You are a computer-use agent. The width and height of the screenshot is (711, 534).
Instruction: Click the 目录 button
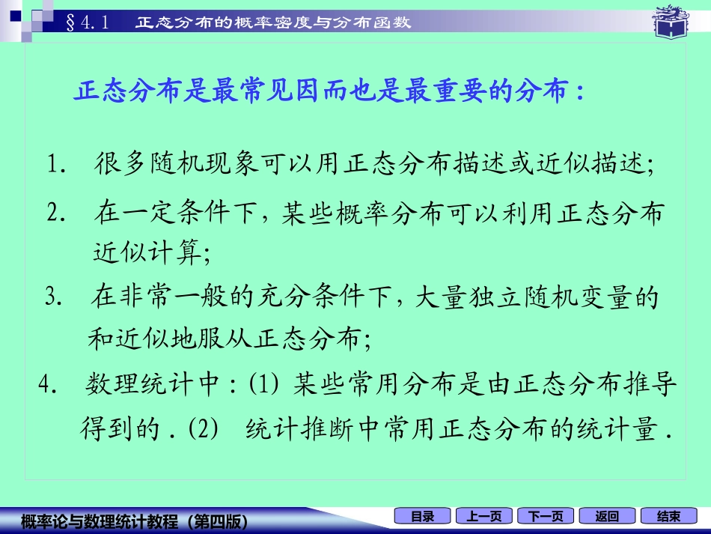pos(422,516)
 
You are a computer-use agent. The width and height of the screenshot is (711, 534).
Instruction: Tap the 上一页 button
pos(484,516)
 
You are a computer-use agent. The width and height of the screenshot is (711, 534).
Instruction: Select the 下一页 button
pos(546,516)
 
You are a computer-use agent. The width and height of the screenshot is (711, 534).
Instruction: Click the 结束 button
pos(668,516)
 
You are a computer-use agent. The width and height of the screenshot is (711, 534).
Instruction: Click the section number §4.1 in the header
pos(88,22)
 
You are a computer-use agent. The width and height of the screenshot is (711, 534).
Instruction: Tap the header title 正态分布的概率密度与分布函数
pos(273,22)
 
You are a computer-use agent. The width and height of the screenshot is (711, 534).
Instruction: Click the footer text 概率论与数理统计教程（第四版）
pos(135,519)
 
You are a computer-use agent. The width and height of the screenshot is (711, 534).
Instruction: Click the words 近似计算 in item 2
pos(146,253)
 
